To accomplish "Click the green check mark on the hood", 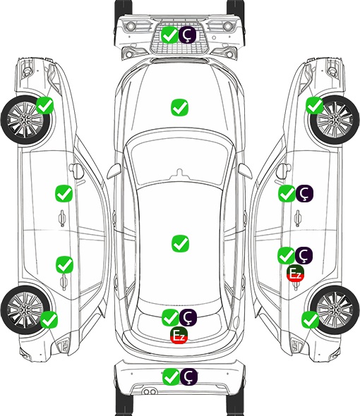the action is [179, 107].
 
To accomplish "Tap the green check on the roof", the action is [180, 243].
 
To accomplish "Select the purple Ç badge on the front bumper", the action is [187, 35].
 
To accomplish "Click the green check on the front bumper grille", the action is [169, 35].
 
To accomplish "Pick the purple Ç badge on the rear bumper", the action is [188, 377].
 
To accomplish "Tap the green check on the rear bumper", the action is [171, 377].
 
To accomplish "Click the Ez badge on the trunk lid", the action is [179, 336].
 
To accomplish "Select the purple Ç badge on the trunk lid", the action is [188, 317].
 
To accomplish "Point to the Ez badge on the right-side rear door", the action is [295, 273].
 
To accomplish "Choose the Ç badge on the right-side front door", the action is [304, 193].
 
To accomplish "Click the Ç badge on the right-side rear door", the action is [304, 255].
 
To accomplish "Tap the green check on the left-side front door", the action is [64, 193].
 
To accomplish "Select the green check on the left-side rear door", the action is [64, 264].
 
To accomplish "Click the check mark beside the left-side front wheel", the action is [45, 105].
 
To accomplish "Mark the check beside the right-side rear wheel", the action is [310, 319].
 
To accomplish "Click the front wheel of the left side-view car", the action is [26, 120].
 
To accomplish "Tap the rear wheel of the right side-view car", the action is [334, 310].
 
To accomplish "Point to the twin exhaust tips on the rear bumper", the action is [150, 392].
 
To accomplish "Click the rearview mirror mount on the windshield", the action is [180, 173].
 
